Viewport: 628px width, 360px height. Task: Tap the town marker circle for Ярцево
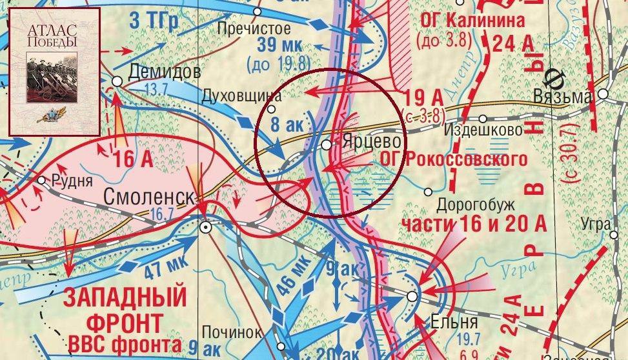click(x=327, y=145)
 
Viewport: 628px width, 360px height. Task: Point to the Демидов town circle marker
click(x=117, y=80)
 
